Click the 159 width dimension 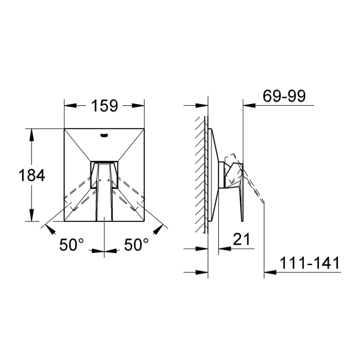pos(104,106)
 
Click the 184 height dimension pos(31,175)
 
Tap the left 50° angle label pos(72,244)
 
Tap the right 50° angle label pos(137,244)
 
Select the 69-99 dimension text pos(284,96)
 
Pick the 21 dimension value pos(242,239)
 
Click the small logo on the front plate pos(104,136)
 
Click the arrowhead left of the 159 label pos(70,106)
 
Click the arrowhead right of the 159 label pos(138,106)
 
